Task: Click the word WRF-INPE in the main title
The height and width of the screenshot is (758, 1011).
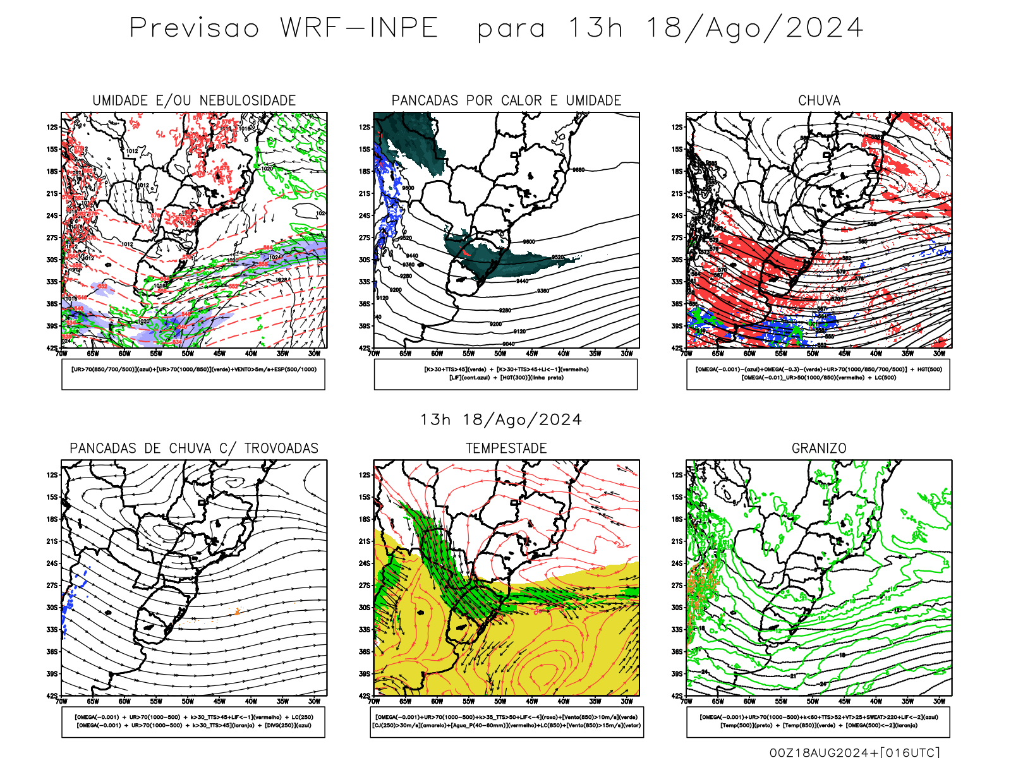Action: pos(359,28)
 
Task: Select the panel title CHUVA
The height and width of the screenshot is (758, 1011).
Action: pos(819,100)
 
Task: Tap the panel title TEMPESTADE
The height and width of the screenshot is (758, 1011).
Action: pos(506,448)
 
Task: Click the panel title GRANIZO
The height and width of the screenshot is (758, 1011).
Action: pos(819,448)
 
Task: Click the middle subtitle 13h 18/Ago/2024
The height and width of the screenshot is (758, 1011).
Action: pos(501,420)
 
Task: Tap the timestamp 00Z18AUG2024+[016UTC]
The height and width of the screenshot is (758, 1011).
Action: pos(855,752)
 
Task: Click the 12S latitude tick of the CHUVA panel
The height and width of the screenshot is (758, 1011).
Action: pos(677,127)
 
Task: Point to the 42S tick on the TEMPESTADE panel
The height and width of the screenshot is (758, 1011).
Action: pos(365,696)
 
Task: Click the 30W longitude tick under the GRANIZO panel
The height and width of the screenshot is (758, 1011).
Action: pos(940,701)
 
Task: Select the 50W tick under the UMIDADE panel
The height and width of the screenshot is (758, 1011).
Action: pos(188,354)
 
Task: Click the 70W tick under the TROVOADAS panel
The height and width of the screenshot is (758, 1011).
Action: pos(61,701)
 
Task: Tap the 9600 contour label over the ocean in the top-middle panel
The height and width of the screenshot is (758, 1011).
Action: pos(529,242)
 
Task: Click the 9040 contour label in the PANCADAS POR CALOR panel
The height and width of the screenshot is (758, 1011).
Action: pos(508,344)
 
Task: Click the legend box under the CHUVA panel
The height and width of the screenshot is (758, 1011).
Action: pos(818,374)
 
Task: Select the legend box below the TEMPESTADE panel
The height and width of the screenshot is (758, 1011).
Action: pos(506,721)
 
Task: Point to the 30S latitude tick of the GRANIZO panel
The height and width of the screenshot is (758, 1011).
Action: pos(677,608)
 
